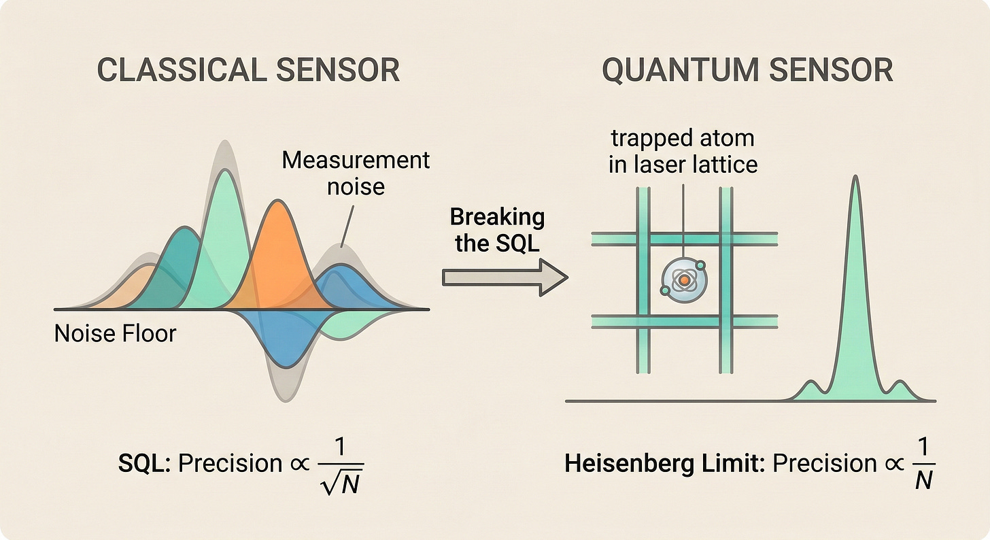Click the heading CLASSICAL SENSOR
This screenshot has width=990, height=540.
(248, 71)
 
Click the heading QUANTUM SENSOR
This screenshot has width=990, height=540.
(747, 71)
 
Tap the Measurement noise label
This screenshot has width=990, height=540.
(356, 173)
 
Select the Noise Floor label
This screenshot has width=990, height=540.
(115, 333)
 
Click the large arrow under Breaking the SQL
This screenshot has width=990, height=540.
(504, 278)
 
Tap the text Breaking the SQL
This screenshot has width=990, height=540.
(497, 230)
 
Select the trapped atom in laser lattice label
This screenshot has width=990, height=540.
(682, 151)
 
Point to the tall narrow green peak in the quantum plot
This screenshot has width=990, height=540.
(855, 272)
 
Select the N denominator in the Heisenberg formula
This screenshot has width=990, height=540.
(922, 481)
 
